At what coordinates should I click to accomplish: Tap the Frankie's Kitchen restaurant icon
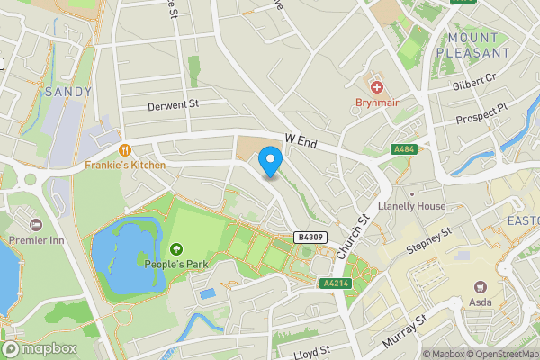126,150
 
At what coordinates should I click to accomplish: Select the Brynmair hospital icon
376,87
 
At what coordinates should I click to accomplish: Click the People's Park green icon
175,248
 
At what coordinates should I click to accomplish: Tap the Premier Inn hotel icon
36,224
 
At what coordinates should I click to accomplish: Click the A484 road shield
403,149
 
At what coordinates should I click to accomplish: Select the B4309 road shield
310,237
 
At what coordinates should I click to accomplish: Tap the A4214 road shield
335,283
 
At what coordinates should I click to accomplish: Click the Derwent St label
172,105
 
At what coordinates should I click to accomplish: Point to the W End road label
302,140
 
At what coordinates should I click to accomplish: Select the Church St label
353,238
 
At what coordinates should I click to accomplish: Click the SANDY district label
67,91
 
